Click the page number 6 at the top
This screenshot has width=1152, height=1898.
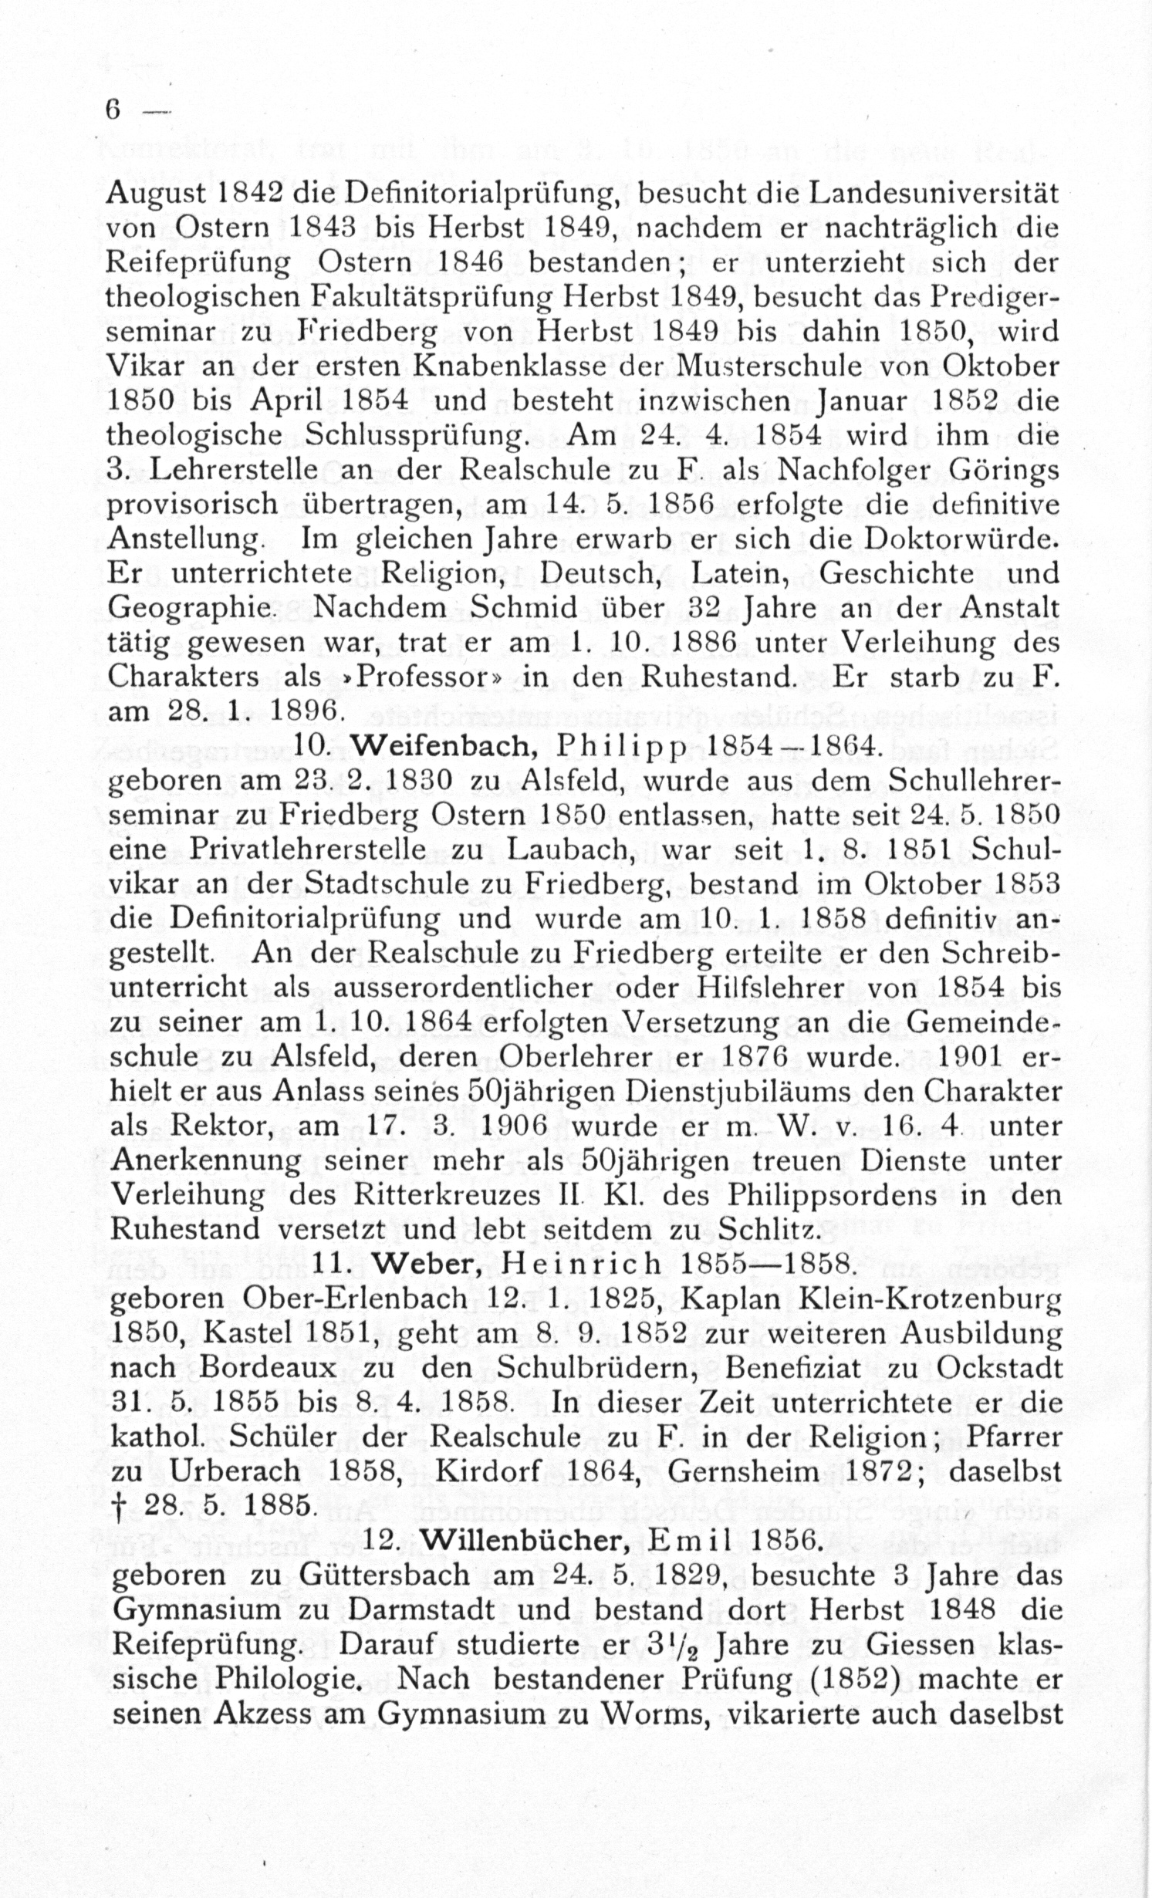click(x=113, y=110)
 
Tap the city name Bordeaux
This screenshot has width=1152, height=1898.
click(x=269, y=1368)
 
